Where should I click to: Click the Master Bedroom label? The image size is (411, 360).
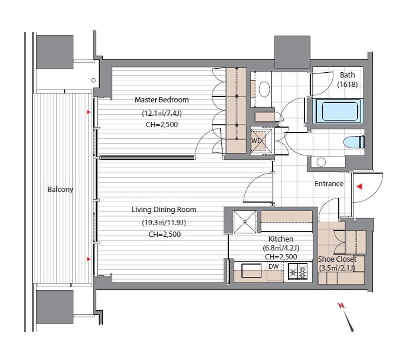[x=162, y=100]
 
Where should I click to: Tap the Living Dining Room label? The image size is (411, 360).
[x=164, y=210]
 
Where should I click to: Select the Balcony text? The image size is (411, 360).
[x=60, y=190]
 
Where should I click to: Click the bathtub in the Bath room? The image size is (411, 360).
[x=340, y=112]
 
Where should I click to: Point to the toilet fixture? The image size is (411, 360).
[x=354, y=142]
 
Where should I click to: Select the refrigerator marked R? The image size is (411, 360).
[x=244, y=222]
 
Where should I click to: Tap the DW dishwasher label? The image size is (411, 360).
[x=273, y=267]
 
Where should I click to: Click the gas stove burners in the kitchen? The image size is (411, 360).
[x=298, y=271]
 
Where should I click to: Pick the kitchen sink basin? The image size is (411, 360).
[x=251, y=270]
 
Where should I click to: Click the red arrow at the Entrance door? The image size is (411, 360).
[x=360, y=186]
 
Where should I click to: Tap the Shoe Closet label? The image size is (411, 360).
[x=337, y=259]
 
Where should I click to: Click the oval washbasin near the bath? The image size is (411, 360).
[x=265, y=89]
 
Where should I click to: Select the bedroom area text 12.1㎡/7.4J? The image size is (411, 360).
[x=162, y=114]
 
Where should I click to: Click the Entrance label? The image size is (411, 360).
[x=329, y=183]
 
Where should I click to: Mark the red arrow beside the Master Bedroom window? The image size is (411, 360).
[x=89, y=112]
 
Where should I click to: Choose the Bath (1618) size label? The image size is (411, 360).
[x=347, y=84]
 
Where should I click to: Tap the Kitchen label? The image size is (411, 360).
[x=281, y=239]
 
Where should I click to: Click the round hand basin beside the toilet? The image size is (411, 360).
[x=321, y=162]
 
